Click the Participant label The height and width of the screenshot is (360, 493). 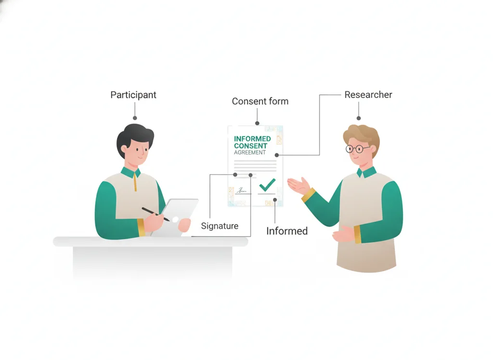[133, 95]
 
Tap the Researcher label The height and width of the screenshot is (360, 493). [368, 94]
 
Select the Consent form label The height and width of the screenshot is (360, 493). [260, 101]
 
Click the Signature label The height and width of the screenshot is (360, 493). [220, 226]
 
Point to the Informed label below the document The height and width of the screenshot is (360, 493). [287, 231]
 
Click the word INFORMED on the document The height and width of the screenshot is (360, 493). [252, 139]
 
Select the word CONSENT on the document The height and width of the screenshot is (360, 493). [250, 146]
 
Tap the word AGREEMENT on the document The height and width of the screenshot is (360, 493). [250, 152]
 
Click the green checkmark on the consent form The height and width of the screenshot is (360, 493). [267, 185]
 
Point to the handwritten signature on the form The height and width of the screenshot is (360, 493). [242, 190]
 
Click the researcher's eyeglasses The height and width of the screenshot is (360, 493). [358, 148]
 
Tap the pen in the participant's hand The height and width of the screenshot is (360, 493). [156, 214]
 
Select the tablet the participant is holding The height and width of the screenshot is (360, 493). [175, 217]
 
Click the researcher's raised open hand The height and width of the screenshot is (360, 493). [298, 186]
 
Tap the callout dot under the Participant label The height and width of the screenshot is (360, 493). [135, 118]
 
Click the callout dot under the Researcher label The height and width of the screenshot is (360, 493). [358, 119]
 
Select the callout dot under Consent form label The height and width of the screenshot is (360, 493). [257, 123]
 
